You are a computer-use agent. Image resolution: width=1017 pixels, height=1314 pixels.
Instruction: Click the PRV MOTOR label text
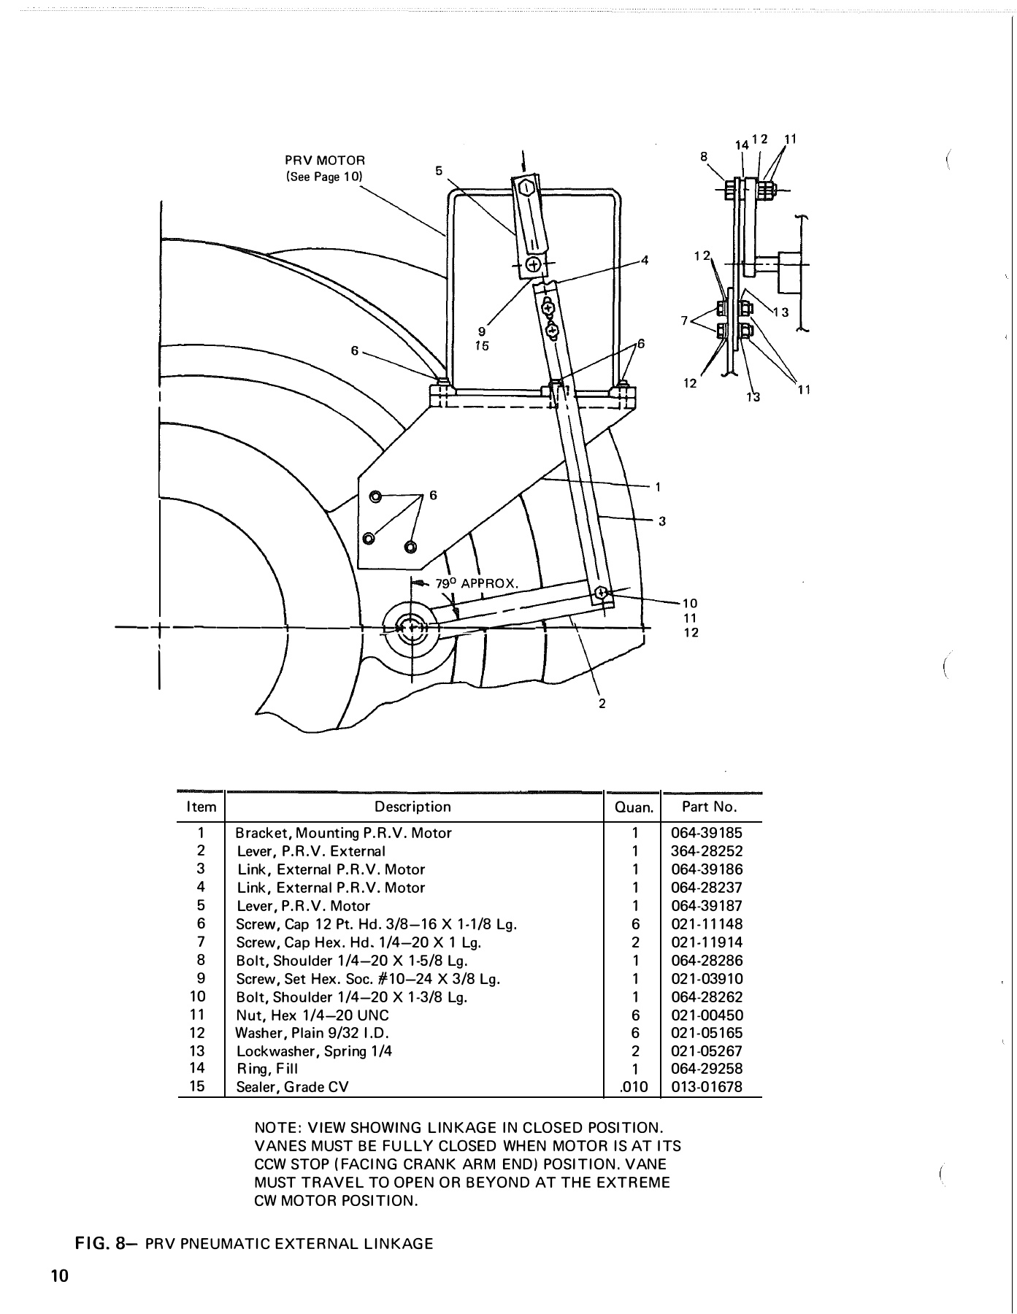(324, 160)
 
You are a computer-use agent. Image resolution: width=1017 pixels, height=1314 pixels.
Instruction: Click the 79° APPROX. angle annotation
(477, 584)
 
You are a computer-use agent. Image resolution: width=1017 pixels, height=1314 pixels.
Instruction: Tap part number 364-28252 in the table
(706, 851)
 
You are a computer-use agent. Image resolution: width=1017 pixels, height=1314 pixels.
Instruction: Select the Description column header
(412, 807)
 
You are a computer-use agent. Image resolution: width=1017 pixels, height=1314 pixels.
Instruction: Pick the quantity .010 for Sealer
(633, 1087)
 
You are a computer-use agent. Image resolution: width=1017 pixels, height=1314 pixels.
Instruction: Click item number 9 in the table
(201, 978)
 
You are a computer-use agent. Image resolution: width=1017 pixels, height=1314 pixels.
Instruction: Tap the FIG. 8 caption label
(101, 1244)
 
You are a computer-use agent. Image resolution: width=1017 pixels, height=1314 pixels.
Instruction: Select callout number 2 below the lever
(602, 704)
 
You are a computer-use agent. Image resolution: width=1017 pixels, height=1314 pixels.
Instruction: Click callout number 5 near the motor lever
(439, 171)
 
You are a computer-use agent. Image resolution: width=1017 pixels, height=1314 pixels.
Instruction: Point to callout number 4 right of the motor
(645, 260)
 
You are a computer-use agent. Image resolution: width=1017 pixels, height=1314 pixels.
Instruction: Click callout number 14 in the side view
(742, 145)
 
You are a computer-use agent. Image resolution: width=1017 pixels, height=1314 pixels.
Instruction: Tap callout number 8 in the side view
(704, 156)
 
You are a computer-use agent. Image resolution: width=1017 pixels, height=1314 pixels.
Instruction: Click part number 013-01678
(706, 1087)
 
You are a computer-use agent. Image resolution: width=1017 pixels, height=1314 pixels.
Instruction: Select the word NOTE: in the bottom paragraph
(277, 1128)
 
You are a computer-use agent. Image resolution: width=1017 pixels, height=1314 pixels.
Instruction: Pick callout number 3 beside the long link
(661, 521)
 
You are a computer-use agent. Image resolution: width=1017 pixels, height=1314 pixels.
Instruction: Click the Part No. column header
(709, 807)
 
